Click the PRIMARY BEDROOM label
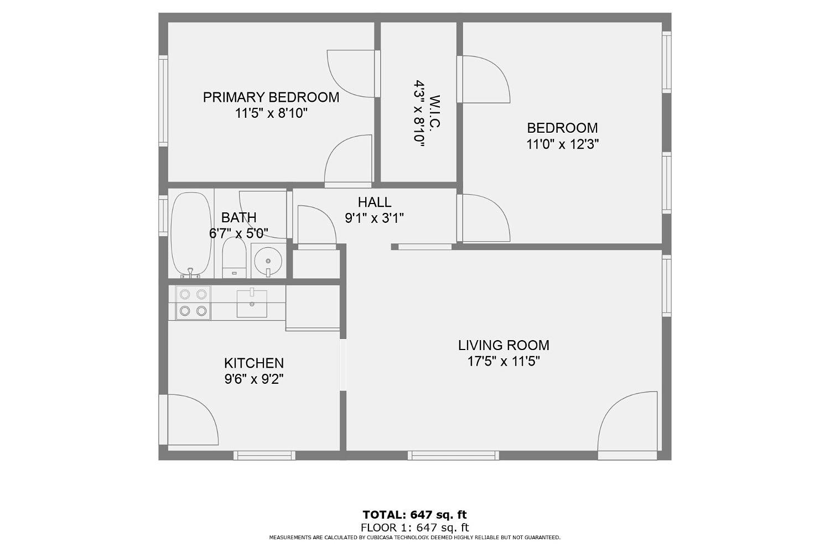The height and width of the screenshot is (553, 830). pos(271,97)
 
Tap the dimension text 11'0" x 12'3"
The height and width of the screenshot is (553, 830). pos(563,144)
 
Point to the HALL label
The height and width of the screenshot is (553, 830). pos(374,202)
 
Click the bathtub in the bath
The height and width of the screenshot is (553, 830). pos(191,235)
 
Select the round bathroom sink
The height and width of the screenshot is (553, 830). pos(268,260)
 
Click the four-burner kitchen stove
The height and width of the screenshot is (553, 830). pos(193,302)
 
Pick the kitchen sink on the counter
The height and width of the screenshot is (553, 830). pos(252,304)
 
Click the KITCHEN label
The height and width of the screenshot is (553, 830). pos(254,363)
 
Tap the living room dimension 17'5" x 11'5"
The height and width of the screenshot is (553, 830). pos(504,361)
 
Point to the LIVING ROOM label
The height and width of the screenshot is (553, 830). pos(504,345)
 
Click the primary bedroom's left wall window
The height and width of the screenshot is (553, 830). pos(163,101)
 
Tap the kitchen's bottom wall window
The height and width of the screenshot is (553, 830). pos(264,455)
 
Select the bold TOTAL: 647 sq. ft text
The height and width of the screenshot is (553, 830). pos(414,514)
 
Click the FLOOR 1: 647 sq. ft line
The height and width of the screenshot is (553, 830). pos(414,528)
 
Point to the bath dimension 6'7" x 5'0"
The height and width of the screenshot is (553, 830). pos(238,234)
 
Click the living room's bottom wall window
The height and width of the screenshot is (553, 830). pos(453,455)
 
